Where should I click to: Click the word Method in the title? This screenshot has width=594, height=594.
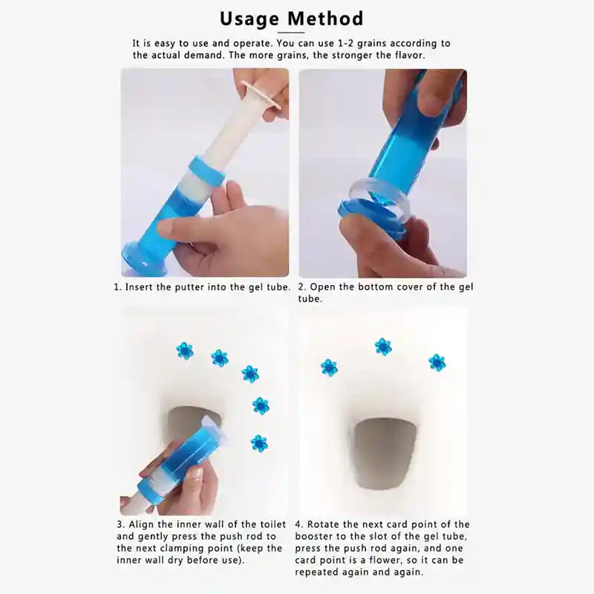(327, 18)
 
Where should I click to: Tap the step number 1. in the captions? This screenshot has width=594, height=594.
(117, 287)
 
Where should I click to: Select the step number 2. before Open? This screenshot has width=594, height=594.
(302, 287)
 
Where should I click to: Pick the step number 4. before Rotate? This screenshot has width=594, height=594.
(299, 524)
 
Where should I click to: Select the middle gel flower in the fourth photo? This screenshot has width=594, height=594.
(383, 346)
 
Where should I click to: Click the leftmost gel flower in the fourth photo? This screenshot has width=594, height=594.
(329, 367)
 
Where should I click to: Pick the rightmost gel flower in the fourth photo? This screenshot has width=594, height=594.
(437, 362)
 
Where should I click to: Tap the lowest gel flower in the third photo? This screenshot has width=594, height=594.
(258, 443)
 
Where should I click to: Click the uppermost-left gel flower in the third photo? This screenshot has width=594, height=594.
(185, 350)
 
